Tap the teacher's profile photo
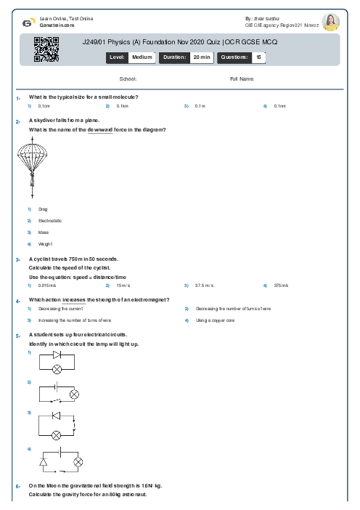pos(331,22)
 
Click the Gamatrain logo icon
pos(27,23)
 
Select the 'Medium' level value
pos(142,57)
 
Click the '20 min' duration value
pos(201,57)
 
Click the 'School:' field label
pos(128,78)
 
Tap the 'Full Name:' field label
pos(242,78)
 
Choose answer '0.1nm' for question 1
pos(279,106)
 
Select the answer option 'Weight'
pos(46,244)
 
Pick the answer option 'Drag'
pos(43,209)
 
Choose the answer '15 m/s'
pos(123,286)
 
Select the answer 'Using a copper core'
pos(215,320)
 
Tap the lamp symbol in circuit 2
pos(73,394)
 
